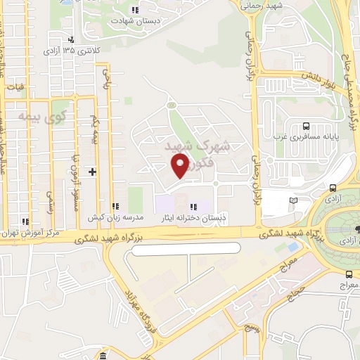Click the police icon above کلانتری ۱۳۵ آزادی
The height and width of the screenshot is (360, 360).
click(70, 40)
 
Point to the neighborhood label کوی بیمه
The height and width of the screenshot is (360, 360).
click(36, 115)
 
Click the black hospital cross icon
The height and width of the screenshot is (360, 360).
click(92, 172)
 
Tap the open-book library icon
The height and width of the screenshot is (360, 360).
click(293, 200)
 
